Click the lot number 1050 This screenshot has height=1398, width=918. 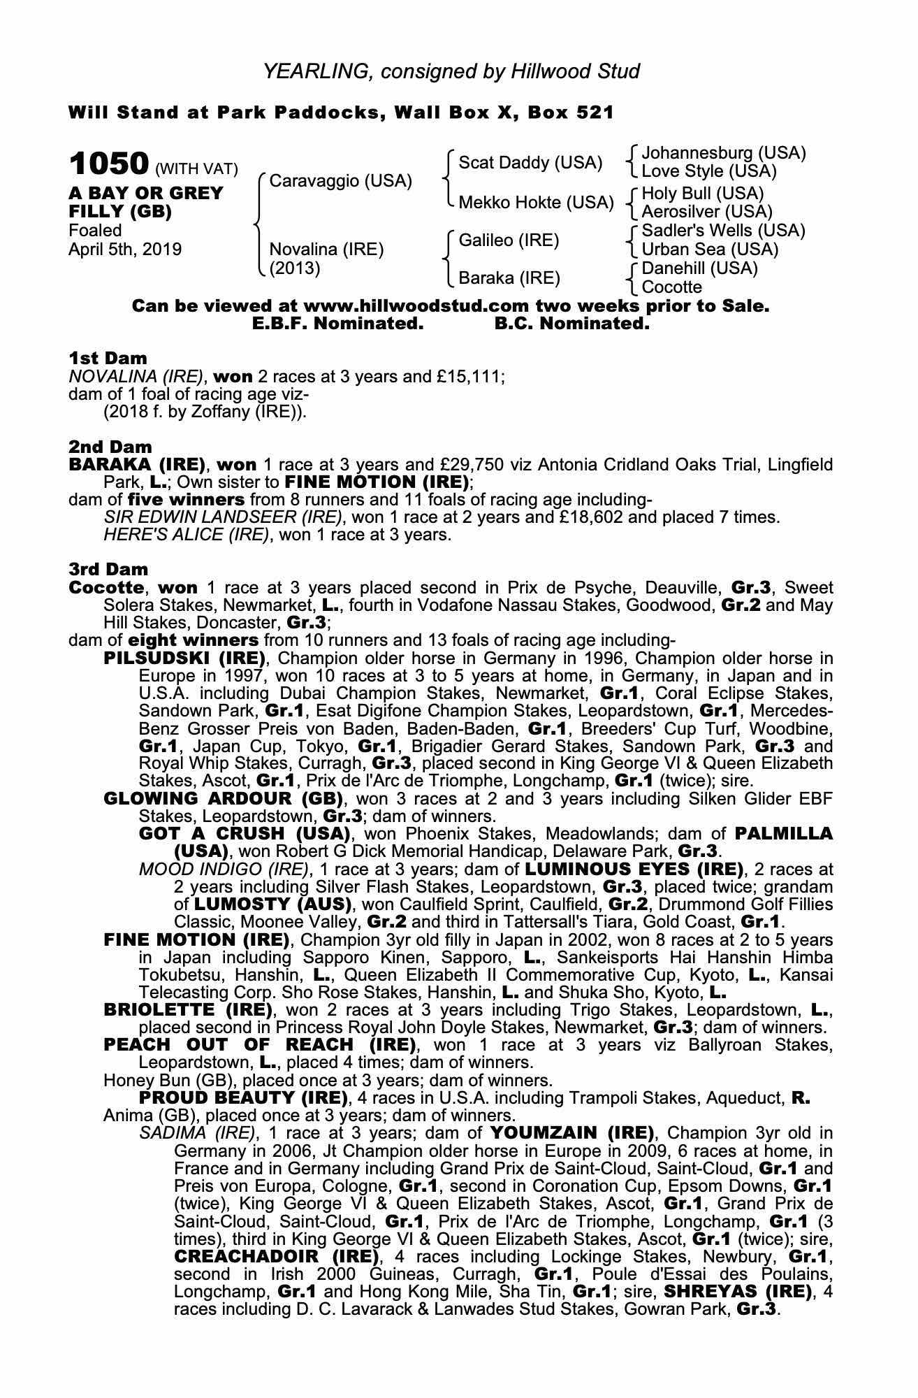coord(109,165)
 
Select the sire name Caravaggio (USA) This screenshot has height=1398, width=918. coord(340,181)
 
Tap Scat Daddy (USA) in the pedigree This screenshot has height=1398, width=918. coord(530,163)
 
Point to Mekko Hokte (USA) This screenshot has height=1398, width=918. coord(535,203)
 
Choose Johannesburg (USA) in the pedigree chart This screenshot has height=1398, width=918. coord(723,153)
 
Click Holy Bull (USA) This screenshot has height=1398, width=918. coord(702,193)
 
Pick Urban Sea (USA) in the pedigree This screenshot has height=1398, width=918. coord(710,250)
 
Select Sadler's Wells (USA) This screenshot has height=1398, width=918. coord(723,231)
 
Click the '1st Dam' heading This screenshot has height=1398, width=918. coord(108,359)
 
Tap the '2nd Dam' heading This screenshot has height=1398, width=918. coord(110,447)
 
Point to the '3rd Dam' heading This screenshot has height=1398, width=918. coord(109,570)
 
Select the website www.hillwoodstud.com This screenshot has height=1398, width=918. coord(417,306)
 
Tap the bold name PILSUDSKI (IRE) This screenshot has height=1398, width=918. coord(185,658)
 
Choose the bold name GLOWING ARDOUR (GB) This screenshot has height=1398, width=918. coord(223,799)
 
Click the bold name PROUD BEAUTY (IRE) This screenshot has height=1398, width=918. coord(243,1097)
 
